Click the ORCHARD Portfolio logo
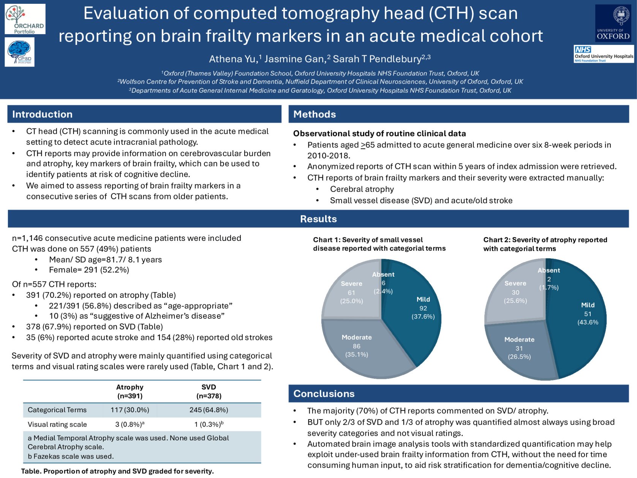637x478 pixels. coord(25,19)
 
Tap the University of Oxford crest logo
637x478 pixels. coord(613,23)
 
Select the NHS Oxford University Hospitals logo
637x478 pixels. coord(604,54)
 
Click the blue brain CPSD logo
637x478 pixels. coord(20,53)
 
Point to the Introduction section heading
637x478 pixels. coord(42,114)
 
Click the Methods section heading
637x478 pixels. coord(315,114)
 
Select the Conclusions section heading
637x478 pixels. coord(324,394)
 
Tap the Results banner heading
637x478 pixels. coord(318,219)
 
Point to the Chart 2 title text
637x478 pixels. coord(545,244)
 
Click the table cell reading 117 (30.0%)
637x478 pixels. coord(130,410)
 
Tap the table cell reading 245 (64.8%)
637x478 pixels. coord(209,410)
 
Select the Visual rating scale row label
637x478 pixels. coord(57,424)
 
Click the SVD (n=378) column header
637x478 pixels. coord(209,391)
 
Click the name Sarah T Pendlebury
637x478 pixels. coord(377,59)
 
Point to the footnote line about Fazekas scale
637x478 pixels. coord(71,456)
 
